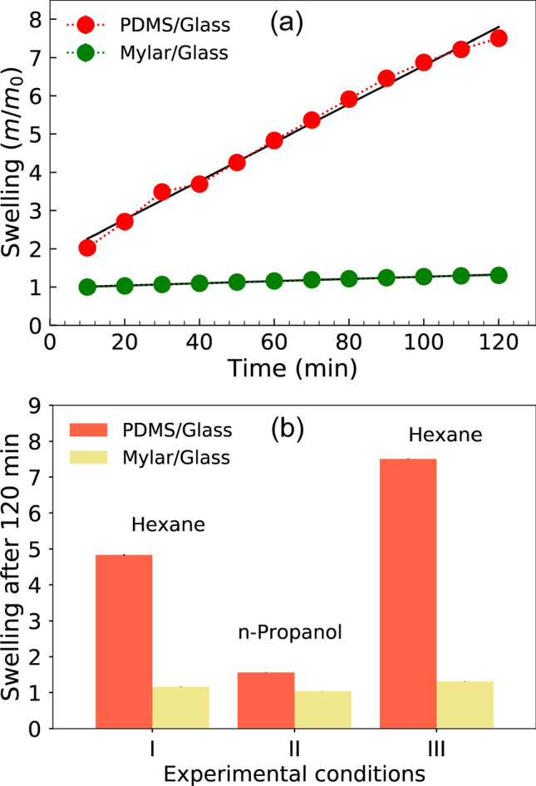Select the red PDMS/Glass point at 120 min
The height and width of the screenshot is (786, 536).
(499, 38)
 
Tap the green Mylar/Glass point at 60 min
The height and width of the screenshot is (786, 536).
(274, 281)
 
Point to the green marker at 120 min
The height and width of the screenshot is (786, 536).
(499, 275)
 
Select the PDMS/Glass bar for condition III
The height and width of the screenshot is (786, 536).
(408, 593)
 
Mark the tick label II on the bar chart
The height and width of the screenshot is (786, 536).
(294, 747)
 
